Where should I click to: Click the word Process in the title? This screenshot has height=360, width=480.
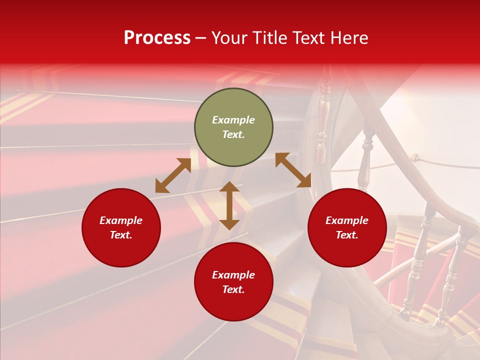157,38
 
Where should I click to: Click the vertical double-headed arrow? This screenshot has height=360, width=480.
229,205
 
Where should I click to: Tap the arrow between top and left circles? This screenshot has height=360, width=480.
173,175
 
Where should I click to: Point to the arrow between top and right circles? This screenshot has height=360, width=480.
293,170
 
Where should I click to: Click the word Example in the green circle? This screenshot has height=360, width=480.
233,120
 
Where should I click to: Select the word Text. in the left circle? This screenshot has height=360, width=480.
121,235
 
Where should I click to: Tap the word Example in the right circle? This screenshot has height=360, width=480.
347,220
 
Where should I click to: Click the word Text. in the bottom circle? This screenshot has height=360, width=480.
233,289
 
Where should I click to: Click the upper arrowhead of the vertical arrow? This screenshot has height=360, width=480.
229,187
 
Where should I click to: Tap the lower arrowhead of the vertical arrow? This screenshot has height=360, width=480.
229,224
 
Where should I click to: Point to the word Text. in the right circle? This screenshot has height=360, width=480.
347,235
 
